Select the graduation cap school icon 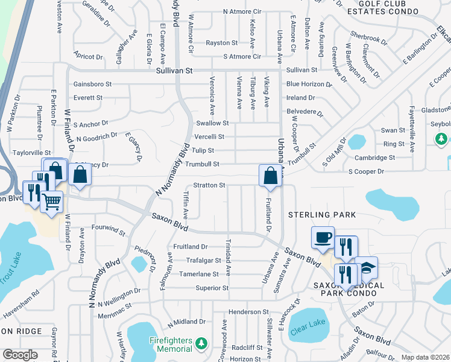click(x=366, y=267)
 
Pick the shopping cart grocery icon click(x=52, y=202)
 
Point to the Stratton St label click(x=209, y=185)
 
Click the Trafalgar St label click(x=197, y=260)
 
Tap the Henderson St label click(x=248, y=311)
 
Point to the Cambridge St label click(x=374, y=157)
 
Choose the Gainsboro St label click(x=92, y=84)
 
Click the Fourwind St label click(x=109, y=230)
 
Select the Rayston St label click(x=221, y=43)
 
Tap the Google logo click(x=19, y=354)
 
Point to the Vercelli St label click(x=209, y=137)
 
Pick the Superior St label click(x=212, y=288)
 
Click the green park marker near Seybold click(x=441, y=139)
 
